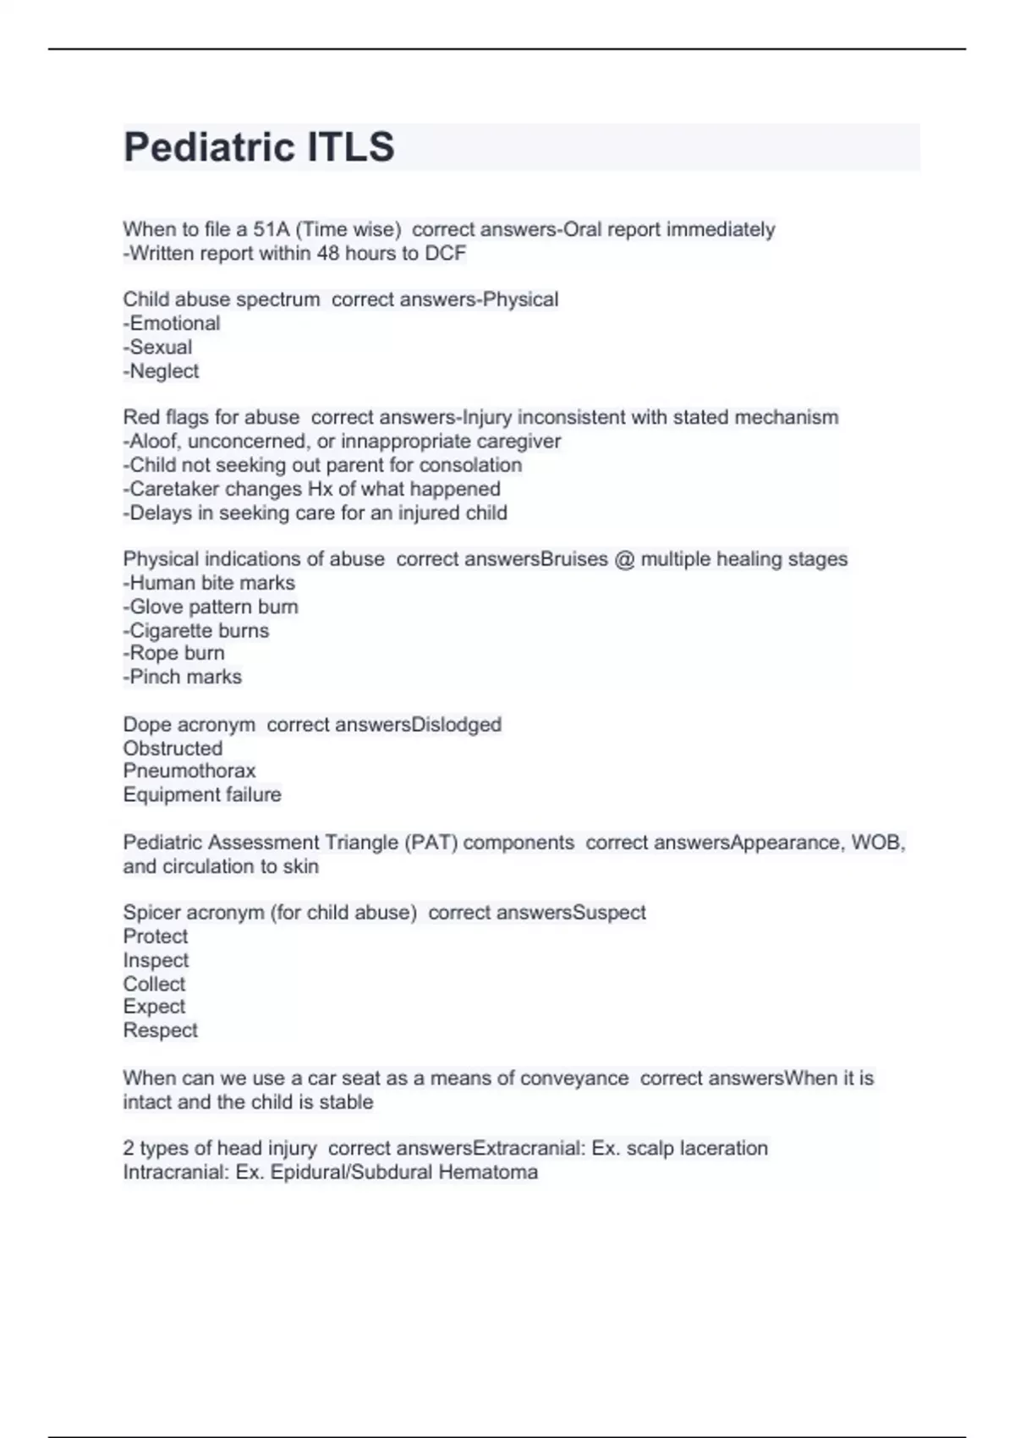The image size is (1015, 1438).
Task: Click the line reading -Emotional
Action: [172, 323]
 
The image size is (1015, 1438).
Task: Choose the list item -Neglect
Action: [162, 371]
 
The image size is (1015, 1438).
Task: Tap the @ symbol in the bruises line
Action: [624, 559]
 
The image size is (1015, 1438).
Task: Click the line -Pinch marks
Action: [183, 677]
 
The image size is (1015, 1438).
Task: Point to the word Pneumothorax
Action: [189, 771]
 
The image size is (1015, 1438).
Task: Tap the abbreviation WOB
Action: [877, 842]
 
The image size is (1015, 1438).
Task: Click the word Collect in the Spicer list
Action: [154, 984]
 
